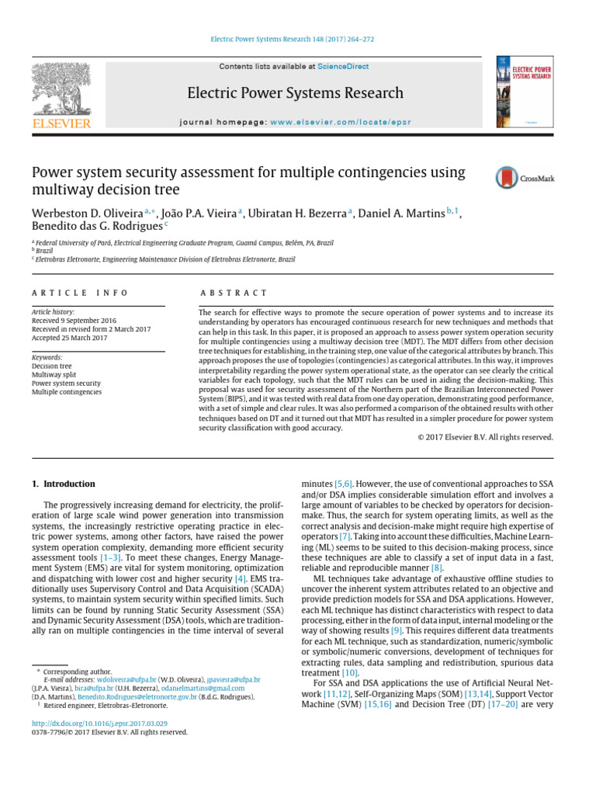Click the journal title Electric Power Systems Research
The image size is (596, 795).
[x=295, y=93]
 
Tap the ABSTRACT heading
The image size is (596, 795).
[x=234, y=293]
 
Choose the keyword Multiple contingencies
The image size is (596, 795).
[x=67, y=392]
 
